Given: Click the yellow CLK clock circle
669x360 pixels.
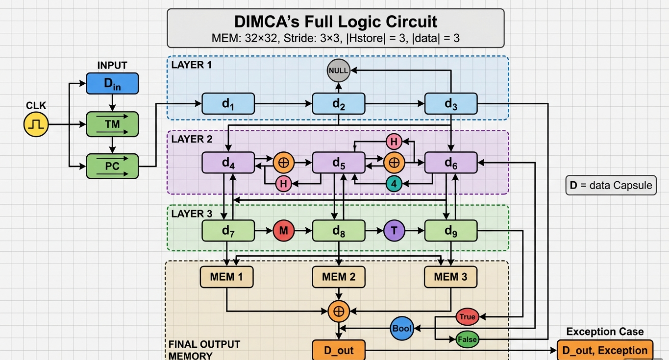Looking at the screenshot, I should [37, 124].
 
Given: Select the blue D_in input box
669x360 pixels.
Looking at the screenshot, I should [112, 83].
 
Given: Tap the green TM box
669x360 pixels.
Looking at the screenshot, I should [112, 124].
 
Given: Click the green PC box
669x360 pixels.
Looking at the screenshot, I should [112, 166].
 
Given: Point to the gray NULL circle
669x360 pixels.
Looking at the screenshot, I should [339, 71].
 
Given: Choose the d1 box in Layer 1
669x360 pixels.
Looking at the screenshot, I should [228, 104].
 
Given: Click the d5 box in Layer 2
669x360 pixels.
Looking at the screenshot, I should [339, 163].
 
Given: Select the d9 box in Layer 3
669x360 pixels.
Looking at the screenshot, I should [450, 230].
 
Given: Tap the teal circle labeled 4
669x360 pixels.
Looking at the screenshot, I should [394, 183].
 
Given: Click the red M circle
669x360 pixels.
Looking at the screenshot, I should [283, 230].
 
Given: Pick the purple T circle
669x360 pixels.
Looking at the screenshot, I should [394, 230].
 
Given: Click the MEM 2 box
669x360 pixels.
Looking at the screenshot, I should [339, 277].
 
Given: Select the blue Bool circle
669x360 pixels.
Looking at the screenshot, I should [402, 328].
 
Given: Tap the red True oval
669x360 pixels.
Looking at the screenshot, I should [467, 317].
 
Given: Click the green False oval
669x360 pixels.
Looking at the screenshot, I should [467, 339].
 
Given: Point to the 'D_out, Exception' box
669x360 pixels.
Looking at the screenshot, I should [605, 350].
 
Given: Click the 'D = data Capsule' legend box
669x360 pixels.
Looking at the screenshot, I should [611, 185].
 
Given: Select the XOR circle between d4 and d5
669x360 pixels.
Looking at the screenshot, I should [283, 163].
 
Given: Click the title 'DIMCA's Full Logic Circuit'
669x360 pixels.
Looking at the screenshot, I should [336, 22].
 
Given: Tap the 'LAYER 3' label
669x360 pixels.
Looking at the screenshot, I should [192, 214].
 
